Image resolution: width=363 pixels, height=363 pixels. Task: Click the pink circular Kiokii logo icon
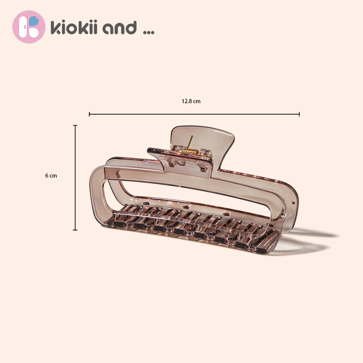point(29,27)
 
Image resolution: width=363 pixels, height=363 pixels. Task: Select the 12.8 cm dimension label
point(191,101)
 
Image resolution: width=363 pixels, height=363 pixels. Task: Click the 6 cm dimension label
point(51,175)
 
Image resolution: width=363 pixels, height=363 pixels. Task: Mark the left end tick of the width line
point(90,114)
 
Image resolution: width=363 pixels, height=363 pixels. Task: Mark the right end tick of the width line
point(299,114)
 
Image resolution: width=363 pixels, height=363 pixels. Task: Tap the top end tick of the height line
point(75,125)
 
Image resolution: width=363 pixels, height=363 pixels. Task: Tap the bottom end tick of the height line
point(75,230)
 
